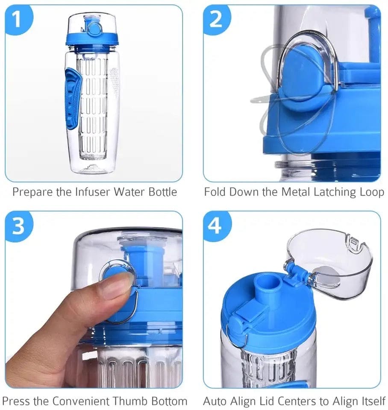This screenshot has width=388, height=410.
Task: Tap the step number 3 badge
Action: click(18, 227)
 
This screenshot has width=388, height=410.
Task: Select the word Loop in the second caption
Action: click(371, 192)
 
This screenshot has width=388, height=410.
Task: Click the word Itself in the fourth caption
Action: click(372, 401)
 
